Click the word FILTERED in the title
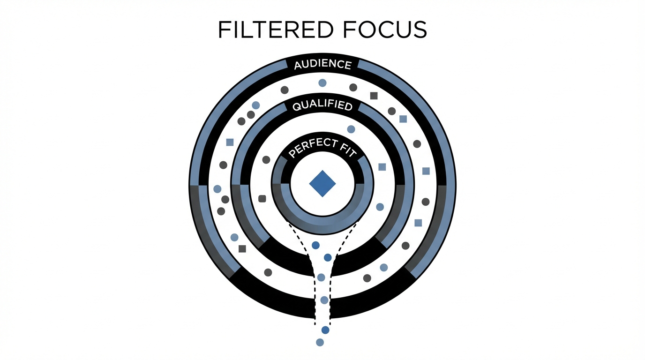tap(276, 30)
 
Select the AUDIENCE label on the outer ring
tap(322, 64)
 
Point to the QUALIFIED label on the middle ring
tap(322, 105)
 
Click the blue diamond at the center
tap(322, 183)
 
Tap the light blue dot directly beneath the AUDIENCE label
tap(322, 83)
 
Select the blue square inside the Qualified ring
tap(382, 167)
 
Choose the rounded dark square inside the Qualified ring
tap(262, 199)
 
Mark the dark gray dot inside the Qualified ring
tap(266, 160)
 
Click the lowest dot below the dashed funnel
tap(320, 342)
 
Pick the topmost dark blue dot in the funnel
tap(315, 245)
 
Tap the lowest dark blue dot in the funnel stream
tap(325, 330)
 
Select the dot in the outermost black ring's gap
tap(324, 300)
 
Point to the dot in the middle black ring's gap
tap(321, 277)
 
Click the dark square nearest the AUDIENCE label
tap(374, 96)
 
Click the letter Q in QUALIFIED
tap(296, 107)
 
